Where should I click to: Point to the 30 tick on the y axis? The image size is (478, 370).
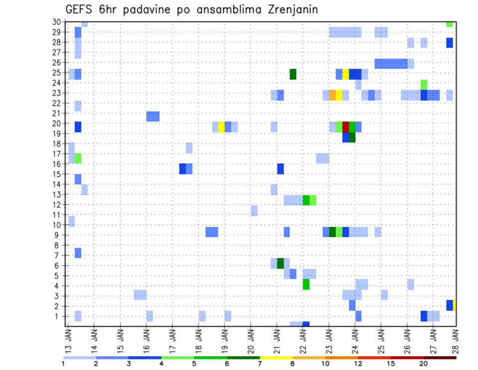pyautogui.click(x=56, y=22)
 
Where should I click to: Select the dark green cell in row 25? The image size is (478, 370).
pyautogui.click(x=293, y=74)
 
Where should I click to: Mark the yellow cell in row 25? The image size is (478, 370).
pyautogui.click(x=346, y=74)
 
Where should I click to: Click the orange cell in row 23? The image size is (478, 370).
pyautogui.click(x=333, y=95)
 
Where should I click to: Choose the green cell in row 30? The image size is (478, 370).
pyautogui.click(x=450, y=24)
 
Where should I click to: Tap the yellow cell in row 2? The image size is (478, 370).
pyautogui.click(x=455, y=305)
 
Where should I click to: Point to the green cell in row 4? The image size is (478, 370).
pyautogui.click(x=306, y=284)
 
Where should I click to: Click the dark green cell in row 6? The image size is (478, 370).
pyautogui.click(x=280, y=263)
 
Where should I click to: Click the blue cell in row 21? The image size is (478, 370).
pyautogui.click(x=153, y=116)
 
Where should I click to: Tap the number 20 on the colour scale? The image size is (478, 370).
pyautogui.click(x=423, y=364)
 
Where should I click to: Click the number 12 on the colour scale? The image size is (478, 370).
pyautogui.click(x=358, y=364)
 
